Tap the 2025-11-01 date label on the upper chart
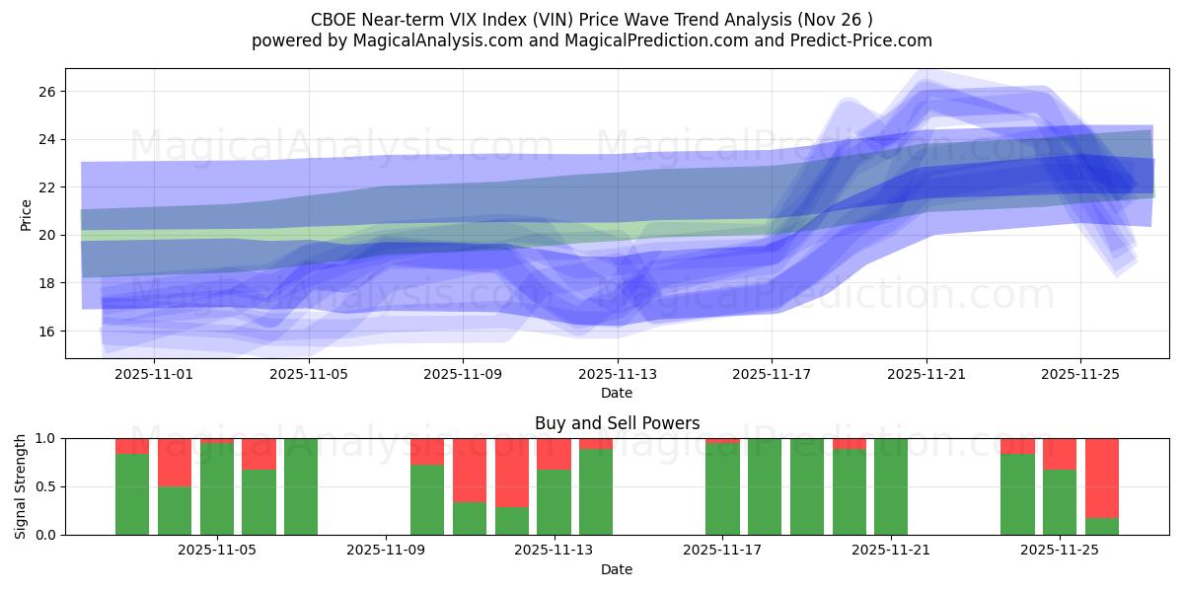click(156, 375)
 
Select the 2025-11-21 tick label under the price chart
click(926, 375)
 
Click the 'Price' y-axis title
click(27, 215)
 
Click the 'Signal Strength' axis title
click(21, 485)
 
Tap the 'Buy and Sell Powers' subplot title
click(617, 423)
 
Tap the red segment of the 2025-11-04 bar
click(175, 462)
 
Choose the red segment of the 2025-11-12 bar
click(512, 473)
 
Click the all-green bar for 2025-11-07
click(301, 486)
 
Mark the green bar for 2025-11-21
click(891, 486)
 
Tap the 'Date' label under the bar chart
click(617, 569)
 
